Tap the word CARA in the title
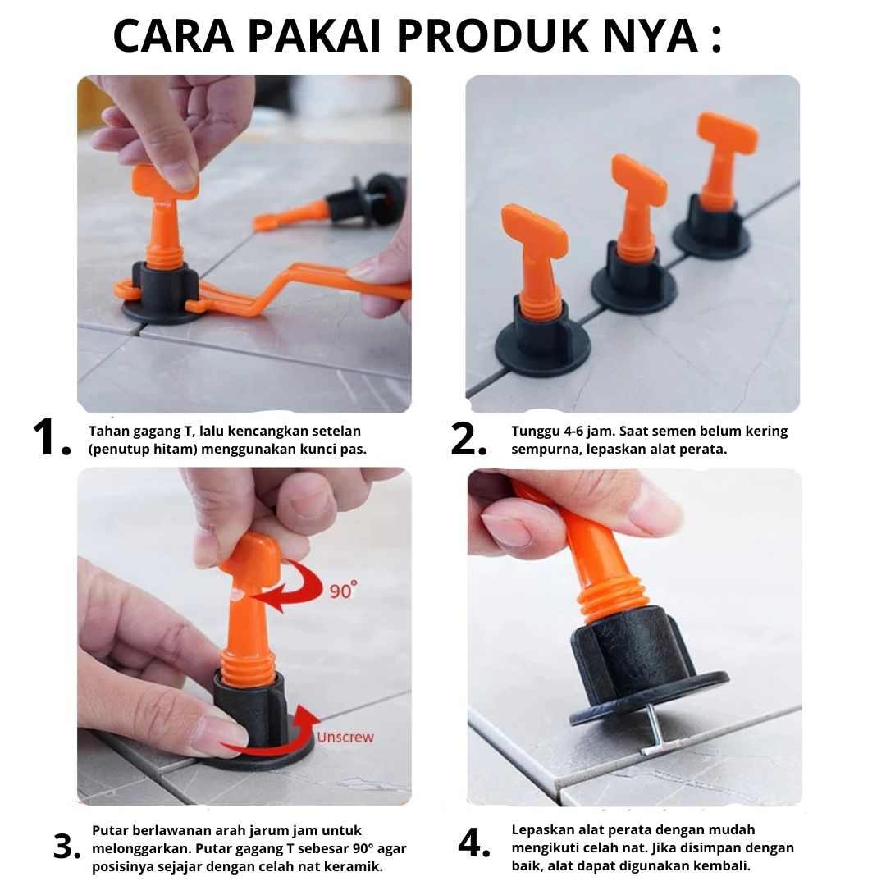click(x=173, y=35)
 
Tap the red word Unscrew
click(x=345, y=737)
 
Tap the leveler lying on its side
click(x=333, y=203)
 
